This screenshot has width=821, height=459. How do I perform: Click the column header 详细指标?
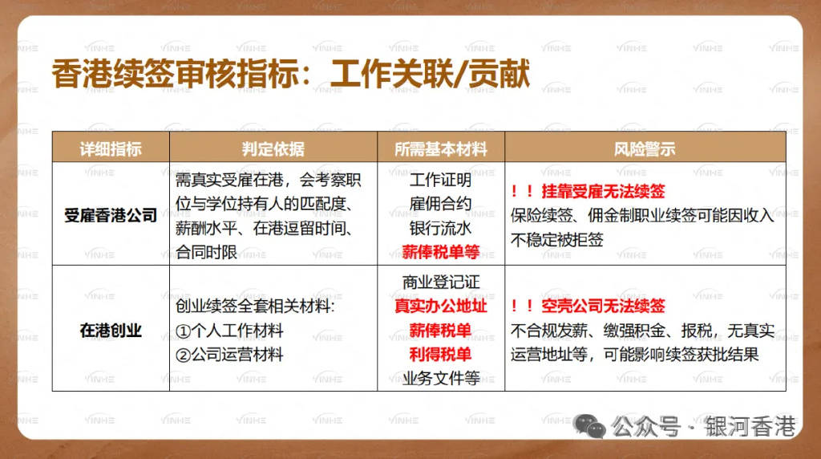point(111,149)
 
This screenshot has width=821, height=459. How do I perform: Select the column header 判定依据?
point(273,149)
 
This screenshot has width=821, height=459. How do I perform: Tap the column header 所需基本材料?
point(440,149)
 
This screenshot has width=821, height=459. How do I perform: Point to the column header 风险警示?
point(645,149)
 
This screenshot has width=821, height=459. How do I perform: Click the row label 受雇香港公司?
point(111,215)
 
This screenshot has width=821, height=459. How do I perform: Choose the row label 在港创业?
point(111,330)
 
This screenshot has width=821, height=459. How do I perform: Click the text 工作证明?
point(440,180)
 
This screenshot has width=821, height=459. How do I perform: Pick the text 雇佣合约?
point(440,204)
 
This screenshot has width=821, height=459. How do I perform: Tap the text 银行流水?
point(440,228)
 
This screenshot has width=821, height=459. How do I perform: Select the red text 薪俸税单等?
point(440,252)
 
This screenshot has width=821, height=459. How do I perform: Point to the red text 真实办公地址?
point(440,306)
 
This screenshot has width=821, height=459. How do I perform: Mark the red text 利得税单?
point(440,354)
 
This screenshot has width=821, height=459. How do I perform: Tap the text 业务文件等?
point(440,378)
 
